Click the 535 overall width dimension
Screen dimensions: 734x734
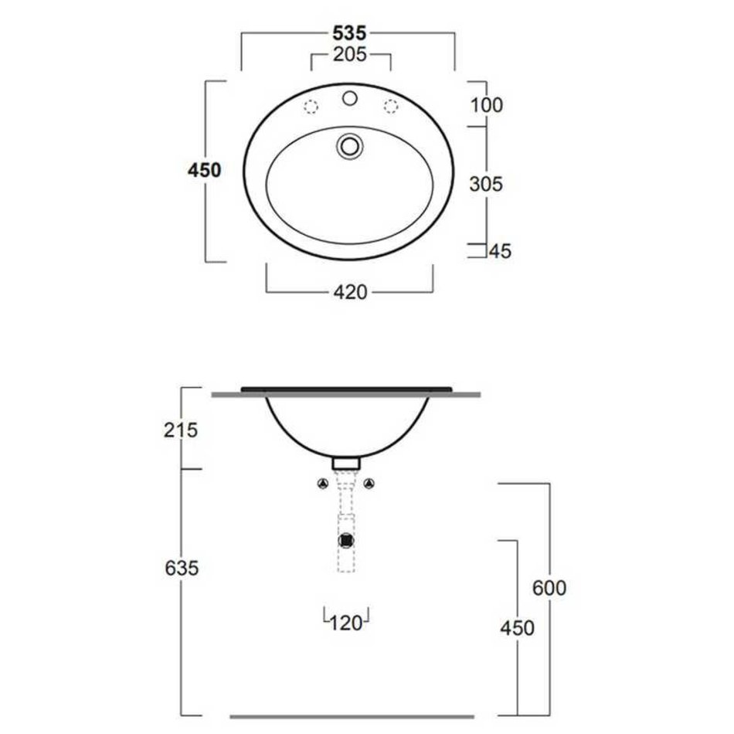(x=349, y=33)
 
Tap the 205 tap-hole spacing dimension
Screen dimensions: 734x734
(x=350, y=55)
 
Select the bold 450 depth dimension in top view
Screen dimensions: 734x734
(x=204, y=171)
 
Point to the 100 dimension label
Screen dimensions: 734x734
(x=486, y=105)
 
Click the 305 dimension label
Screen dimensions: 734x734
(x=486, y=185)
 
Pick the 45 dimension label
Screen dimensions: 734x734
(x=500, y=252)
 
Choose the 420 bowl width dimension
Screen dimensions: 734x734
(x=350, y=293)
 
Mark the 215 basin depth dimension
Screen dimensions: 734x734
(x=181, y=430)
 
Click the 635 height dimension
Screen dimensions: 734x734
(x=182, y=569)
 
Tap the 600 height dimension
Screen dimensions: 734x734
(x=549, y=588)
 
